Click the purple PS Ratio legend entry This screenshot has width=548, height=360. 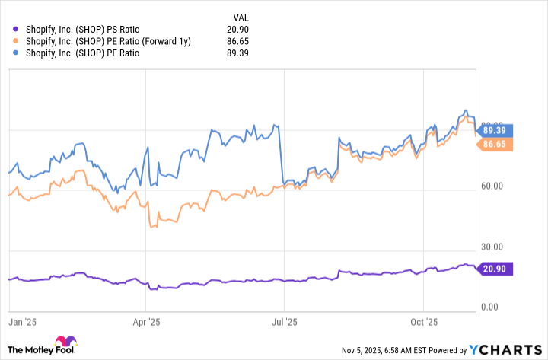coord(91,27)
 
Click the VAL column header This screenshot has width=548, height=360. coord(240,15)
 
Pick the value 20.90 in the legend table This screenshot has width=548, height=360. coord(237,27)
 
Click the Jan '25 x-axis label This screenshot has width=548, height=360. coord(23,322)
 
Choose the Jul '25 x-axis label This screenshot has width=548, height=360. coord(285,322)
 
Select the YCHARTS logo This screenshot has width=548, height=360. coord(505,350)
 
